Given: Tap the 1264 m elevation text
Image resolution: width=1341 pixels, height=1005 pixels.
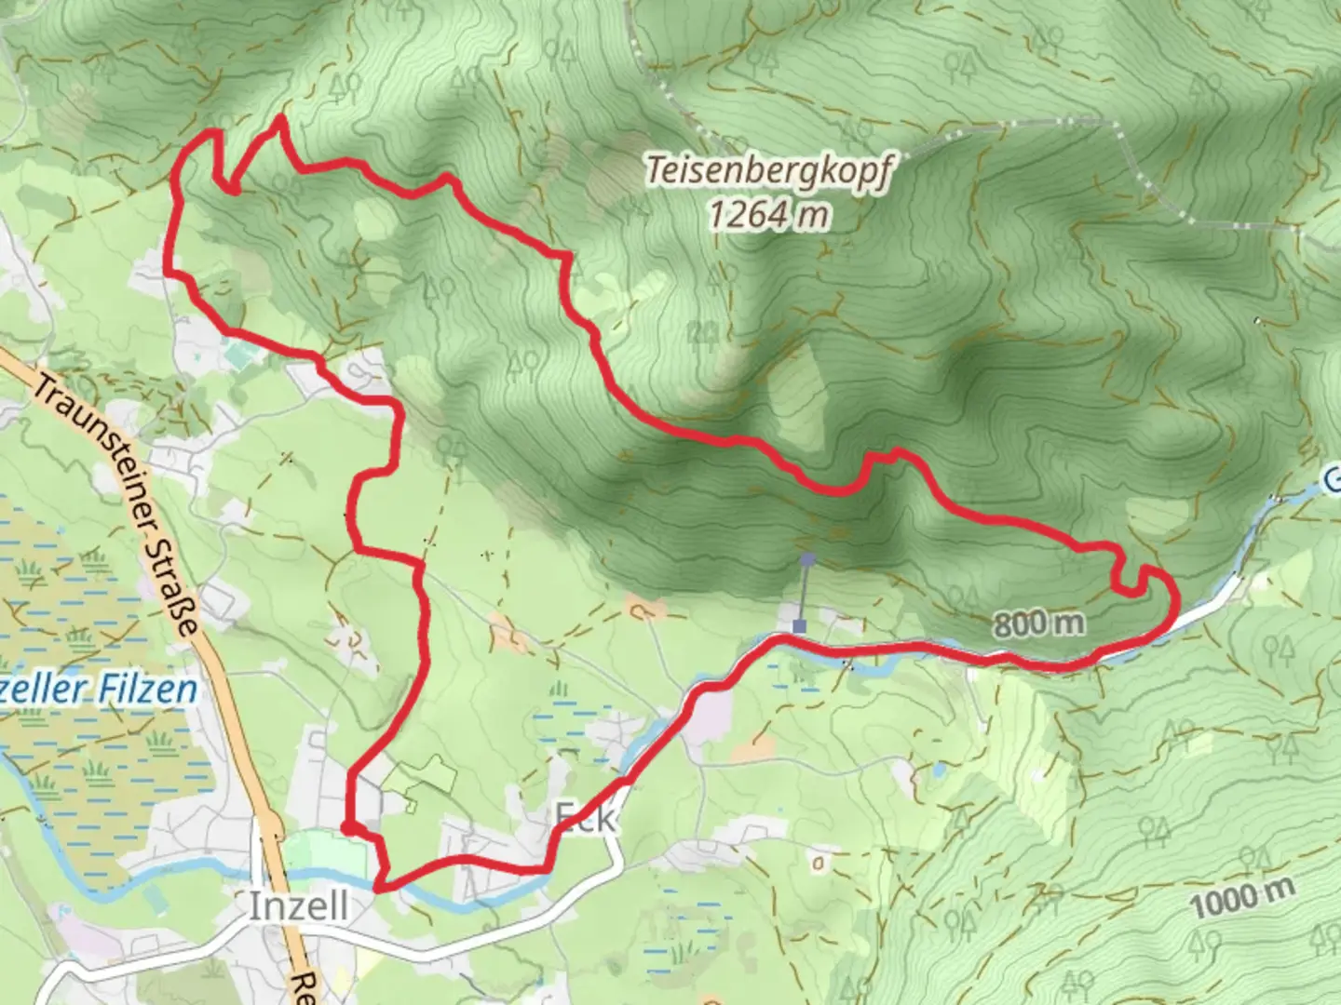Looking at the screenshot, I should click(x=768, y=216).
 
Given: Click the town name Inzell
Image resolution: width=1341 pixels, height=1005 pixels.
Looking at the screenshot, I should click(x=298, y=905).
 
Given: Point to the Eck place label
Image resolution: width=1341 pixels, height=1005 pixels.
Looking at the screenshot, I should click(x=585, y=818).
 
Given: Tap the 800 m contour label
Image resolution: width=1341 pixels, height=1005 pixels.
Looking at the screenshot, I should click(x=1038, y=623).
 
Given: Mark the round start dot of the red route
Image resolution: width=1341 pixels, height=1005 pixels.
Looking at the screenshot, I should click(x=346, y=826).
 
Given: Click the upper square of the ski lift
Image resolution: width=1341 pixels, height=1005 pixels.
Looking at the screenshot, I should click(x=807, y=559).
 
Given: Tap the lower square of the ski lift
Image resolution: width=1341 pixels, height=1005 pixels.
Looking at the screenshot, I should click(x=799, y=626).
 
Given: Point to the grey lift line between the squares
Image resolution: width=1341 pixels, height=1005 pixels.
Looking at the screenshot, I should click(x=804, y=594).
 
